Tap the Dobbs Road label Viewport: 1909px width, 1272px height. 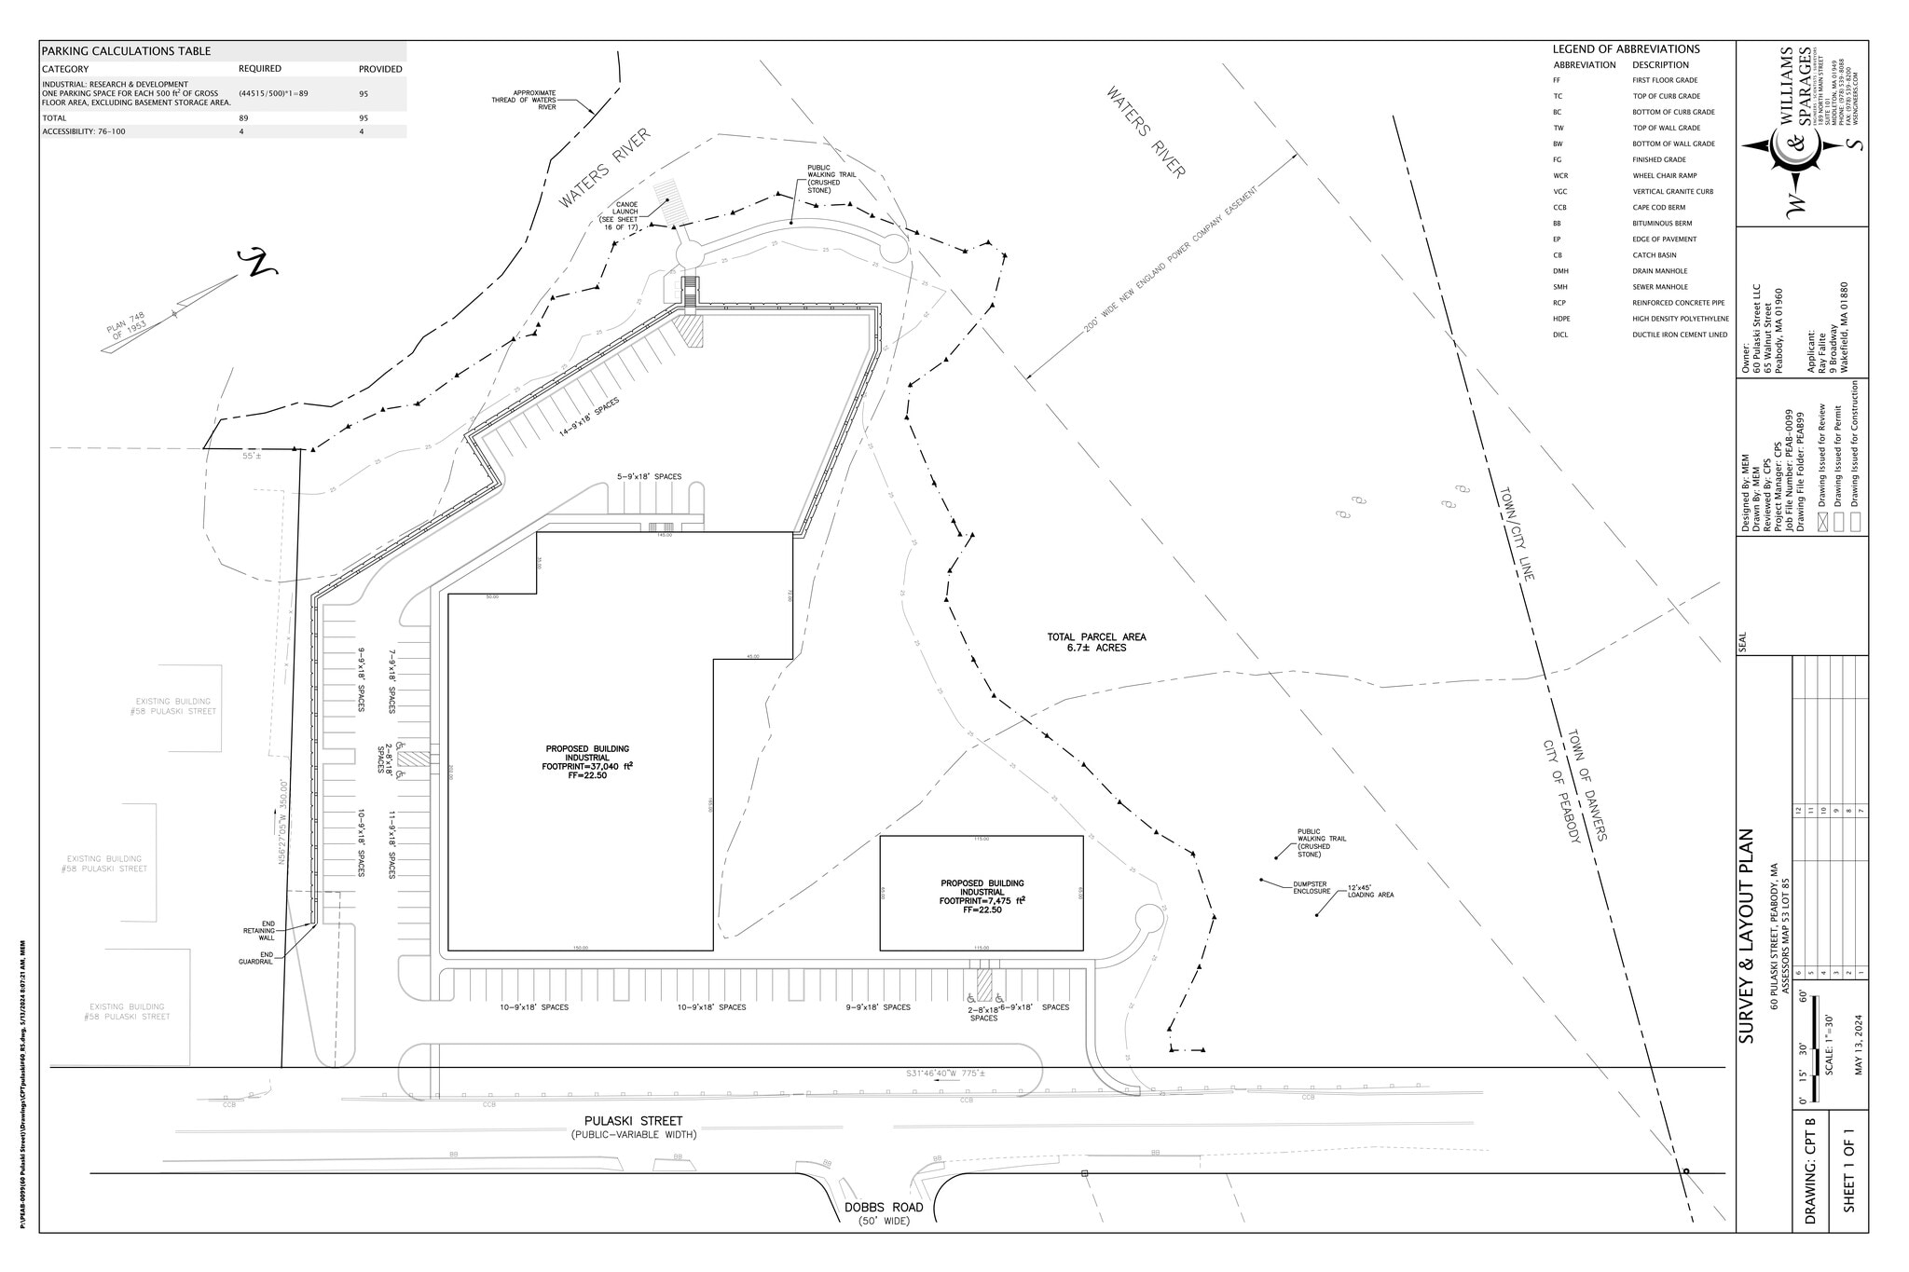[x=884, y=1207]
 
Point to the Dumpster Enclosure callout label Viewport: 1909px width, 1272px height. [x=1312, y=887]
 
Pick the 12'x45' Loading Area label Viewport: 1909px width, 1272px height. [x=1370, y=891]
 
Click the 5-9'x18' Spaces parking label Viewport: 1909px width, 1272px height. [x=649, y=476]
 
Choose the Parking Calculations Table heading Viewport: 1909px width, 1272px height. [x=126, y=51]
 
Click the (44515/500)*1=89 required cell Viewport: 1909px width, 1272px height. [x=273, y=93]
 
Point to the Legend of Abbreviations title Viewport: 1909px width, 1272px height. [x=1626, y=49]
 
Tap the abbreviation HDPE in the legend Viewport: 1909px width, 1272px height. [x=1562, y=319]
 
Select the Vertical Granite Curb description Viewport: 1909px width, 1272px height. [x=1672, y=191]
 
